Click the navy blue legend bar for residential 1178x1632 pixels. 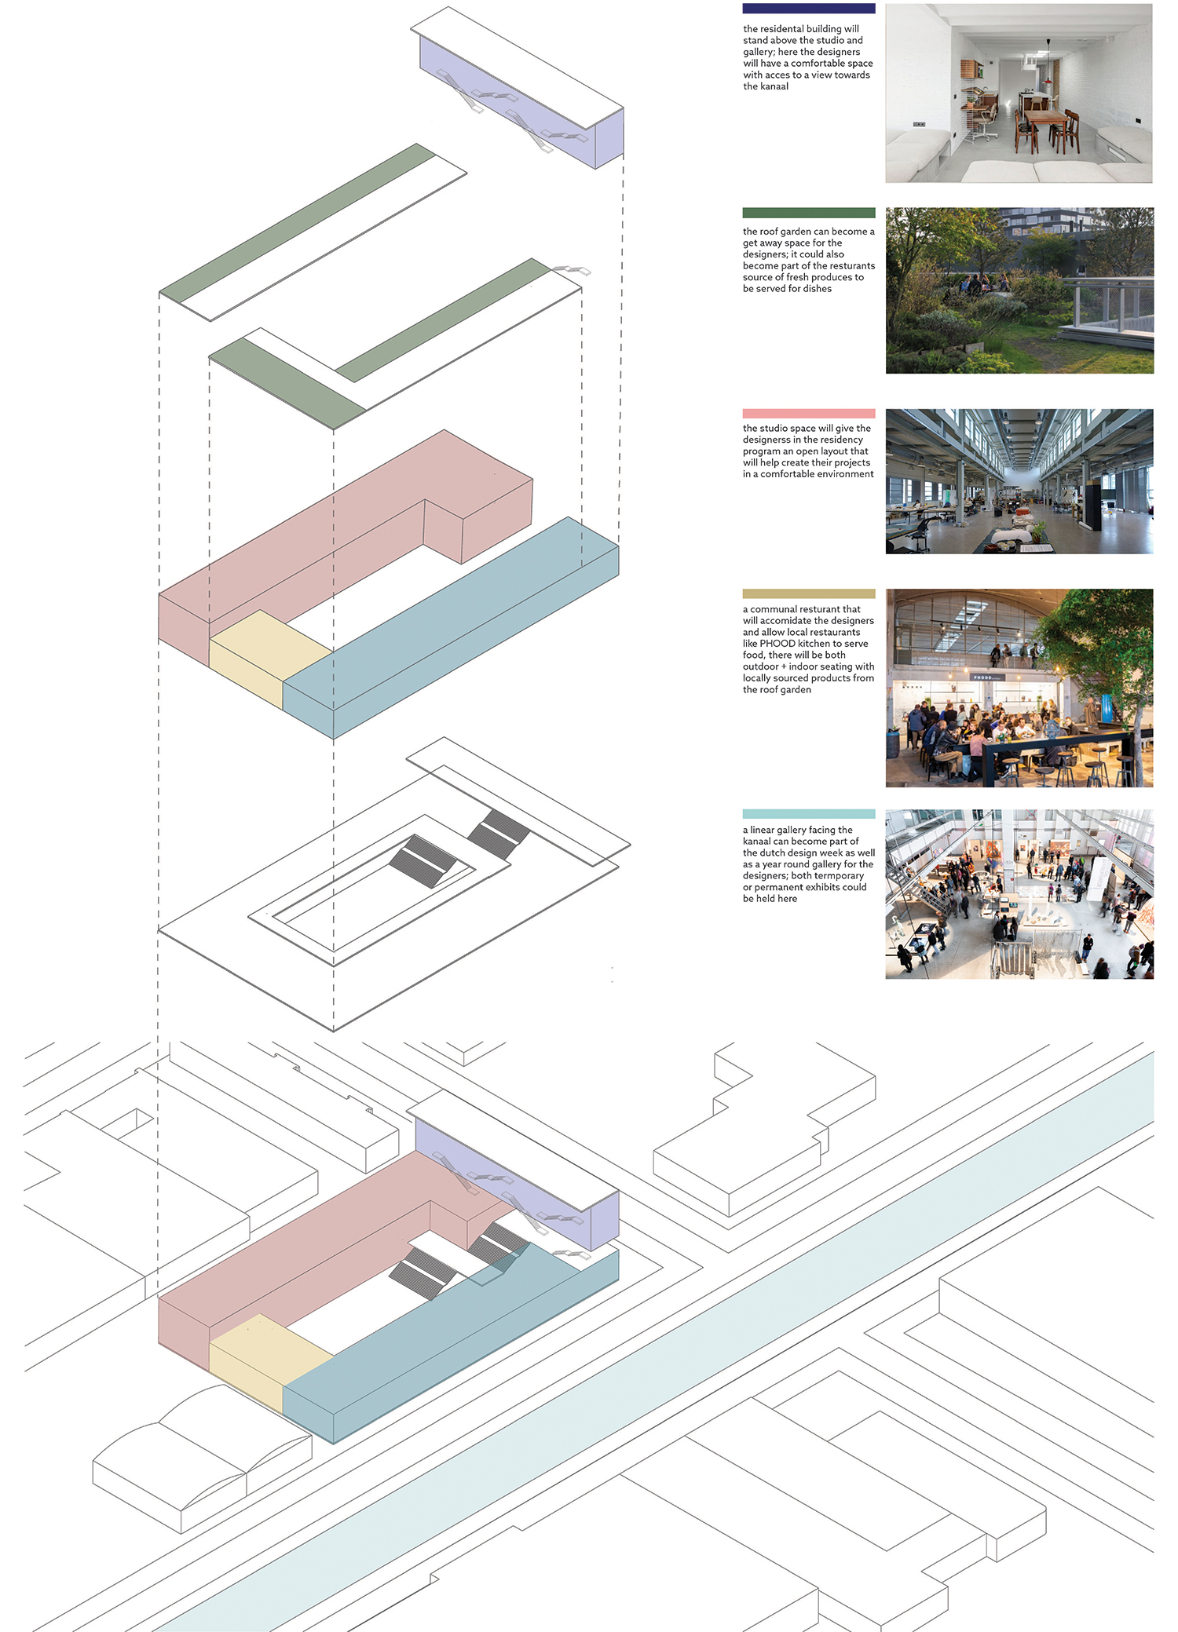coord(808,9)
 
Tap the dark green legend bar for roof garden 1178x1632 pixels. coord(808,213)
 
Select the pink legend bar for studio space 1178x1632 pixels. coord(808,414)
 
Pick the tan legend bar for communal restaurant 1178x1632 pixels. coord(808,594)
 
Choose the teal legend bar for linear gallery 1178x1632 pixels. coord(808,814)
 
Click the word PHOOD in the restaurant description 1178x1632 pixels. coord(777,644)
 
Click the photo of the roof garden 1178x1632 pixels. coord(1019,290)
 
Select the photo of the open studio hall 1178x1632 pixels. coord(1019,481)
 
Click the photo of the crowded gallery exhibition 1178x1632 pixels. coord(1019,894)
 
